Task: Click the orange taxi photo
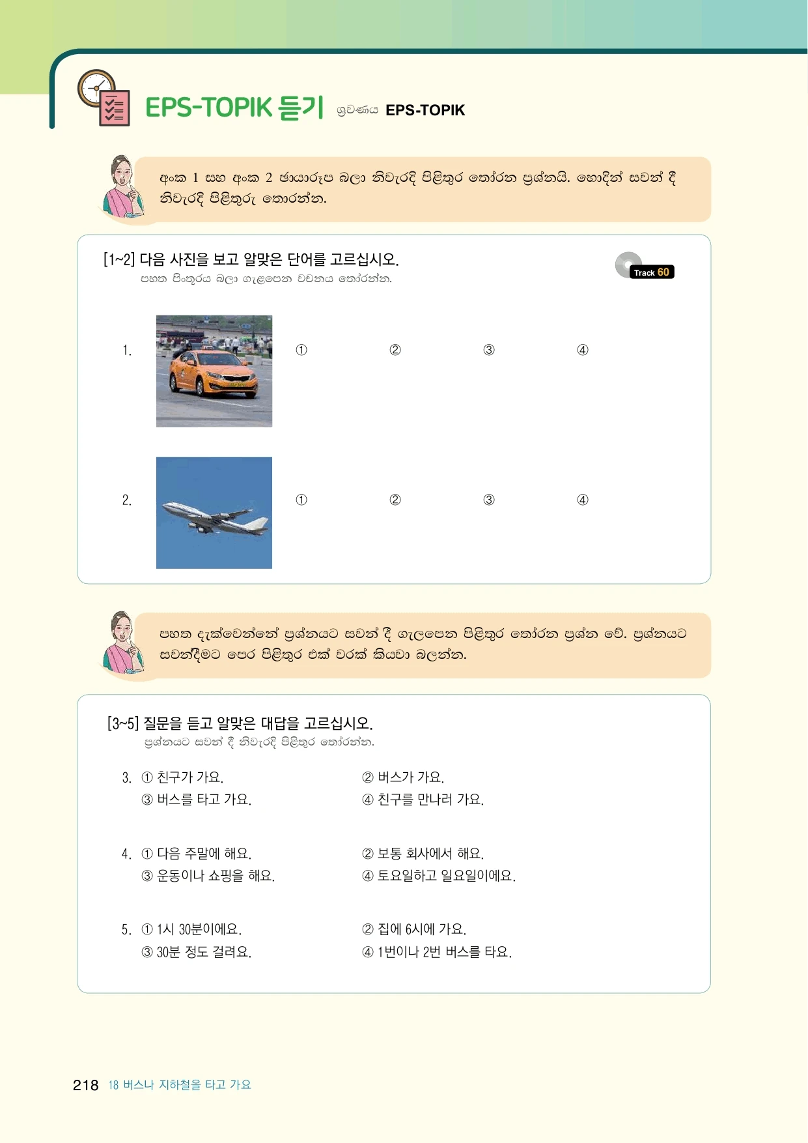tap(214, 371)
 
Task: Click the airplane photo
tap(214, 513)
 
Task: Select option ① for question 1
tap(301, 350)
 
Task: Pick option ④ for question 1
tap(583, 350)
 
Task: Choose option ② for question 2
tap(395, 500)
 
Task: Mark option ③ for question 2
tap(489, 500)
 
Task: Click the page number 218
tap(85, 1085)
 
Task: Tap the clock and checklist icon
tap(104, 98)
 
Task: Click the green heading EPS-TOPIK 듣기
tap(234, 108)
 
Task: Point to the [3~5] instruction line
tap(240, 723)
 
